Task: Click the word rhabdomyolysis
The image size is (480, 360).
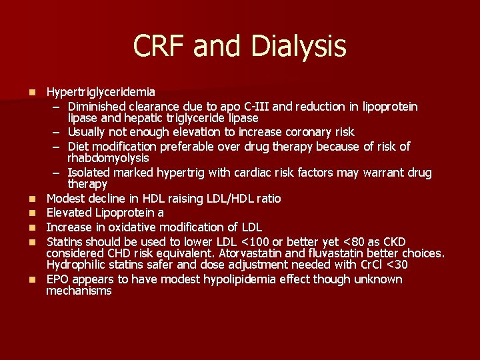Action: coord(108,158)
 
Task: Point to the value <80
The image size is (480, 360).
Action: coord(359,241)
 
